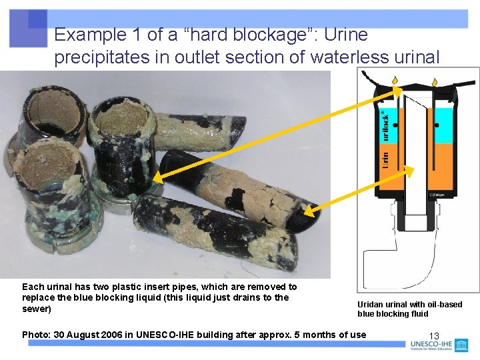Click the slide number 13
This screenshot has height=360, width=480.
click(x=434, y=335)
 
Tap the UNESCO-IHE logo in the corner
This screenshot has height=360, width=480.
click(x=440, y=345)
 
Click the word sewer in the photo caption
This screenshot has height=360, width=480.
click(x=36, y=309)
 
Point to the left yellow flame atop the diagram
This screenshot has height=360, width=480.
click(x=395, y=81)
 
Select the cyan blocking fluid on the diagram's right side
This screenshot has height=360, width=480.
click(x=441, y=127)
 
